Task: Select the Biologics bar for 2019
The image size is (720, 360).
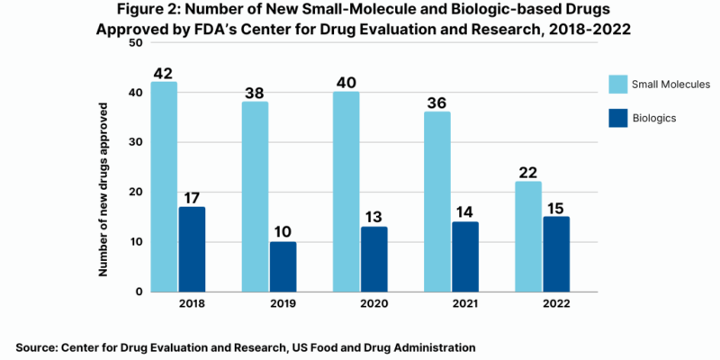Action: pos(283,266)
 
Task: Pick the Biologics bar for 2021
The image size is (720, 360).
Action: pos(464,256)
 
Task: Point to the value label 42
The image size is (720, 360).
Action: pos(163,73)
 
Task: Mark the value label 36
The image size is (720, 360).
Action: pos(437,103)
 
